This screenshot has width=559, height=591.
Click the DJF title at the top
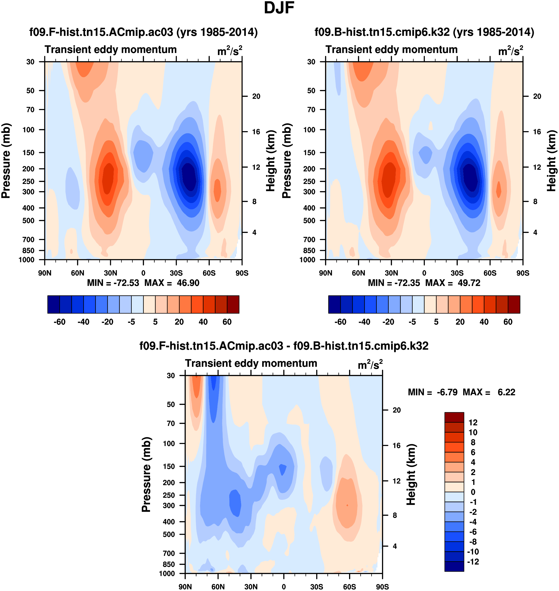coord(279,8)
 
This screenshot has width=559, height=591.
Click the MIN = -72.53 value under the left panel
coord(113,283)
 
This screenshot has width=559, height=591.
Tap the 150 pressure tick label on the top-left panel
coord(29,152)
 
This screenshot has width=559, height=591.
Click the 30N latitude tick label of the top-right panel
coord(391,273)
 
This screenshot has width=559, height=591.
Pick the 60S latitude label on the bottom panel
coord(349,587)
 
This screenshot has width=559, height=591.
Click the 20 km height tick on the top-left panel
coord(256,96)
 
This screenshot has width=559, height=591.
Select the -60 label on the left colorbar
coord(60,322)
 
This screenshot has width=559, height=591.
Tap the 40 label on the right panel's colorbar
coord(484,322)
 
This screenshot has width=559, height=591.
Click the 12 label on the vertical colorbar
coord(473,422)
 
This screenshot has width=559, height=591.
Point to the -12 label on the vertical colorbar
coord(473,562)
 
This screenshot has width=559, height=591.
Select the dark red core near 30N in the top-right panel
coord(388,179)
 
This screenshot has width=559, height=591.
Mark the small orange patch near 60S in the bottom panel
coord(347,505)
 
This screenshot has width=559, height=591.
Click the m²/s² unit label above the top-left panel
coord(229,51)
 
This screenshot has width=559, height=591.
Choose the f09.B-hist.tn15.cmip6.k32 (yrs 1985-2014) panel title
coord(424,32)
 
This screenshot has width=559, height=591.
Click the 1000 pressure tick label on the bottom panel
coord(167,573)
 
